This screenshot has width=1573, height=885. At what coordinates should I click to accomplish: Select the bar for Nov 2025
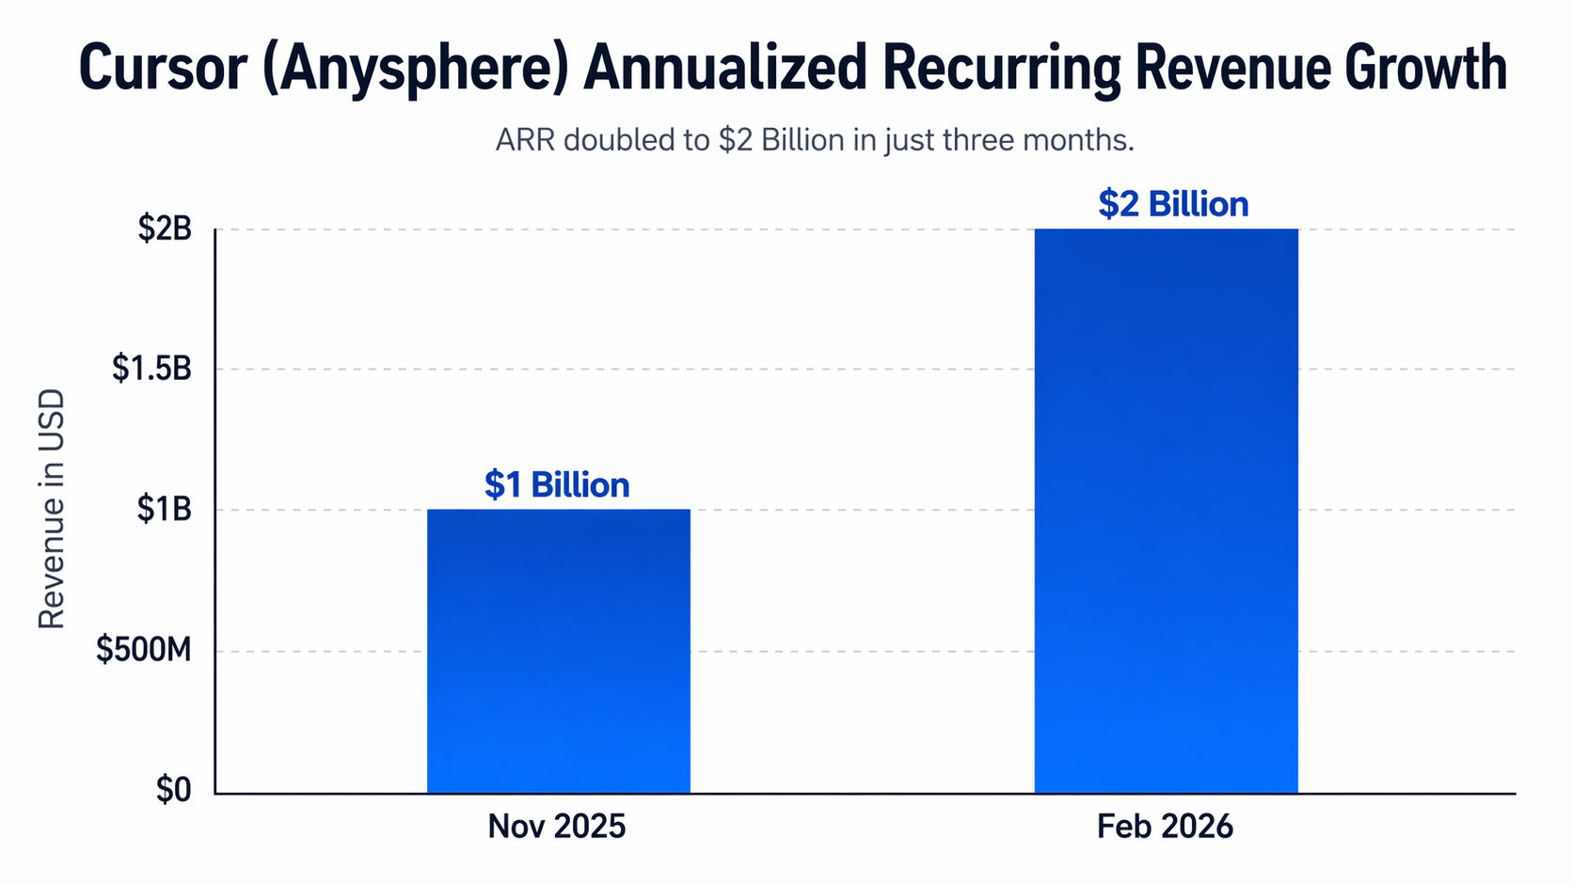click(x=558, y=651)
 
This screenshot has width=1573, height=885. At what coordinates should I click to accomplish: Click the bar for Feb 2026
click(x=1166, y=511)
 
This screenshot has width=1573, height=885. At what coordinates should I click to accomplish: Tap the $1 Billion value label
click(x=557, y=485)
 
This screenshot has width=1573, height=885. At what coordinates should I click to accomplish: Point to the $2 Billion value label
click(x=1173, y=204)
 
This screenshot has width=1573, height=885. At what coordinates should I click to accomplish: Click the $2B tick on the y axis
click(x=165, y=229)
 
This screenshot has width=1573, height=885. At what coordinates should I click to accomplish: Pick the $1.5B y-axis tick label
click(x=151, y=369)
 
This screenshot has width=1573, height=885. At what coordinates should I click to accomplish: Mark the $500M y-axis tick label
click(x=144, y=650)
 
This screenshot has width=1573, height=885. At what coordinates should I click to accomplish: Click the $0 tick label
click(x=173, y=791)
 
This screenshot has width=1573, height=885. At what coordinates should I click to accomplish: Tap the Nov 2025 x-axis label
click(x=557, y=827)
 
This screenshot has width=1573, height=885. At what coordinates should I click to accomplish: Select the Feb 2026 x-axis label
click(x=1165, y=827)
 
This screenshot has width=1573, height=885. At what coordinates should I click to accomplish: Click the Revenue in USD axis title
click(x=52, y=509)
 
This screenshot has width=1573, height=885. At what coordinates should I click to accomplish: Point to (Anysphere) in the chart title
click(x=415, y=68)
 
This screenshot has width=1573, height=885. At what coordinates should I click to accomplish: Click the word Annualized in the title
click(x=724, y=68)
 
